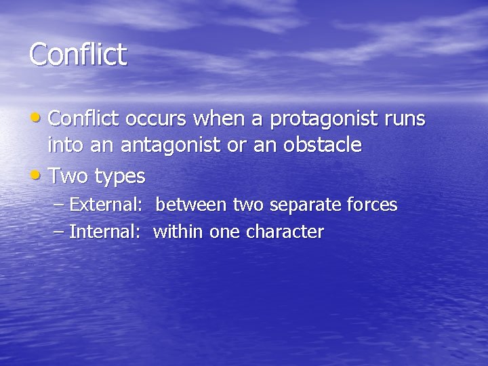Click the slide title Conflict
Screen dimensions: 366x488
78,54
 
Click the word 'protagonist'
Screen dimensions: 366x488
328,120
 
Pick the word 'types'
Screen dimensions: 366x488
120,177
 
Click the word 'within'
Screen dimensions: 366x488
178,232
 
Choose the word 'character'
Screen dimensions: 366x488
285,232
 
